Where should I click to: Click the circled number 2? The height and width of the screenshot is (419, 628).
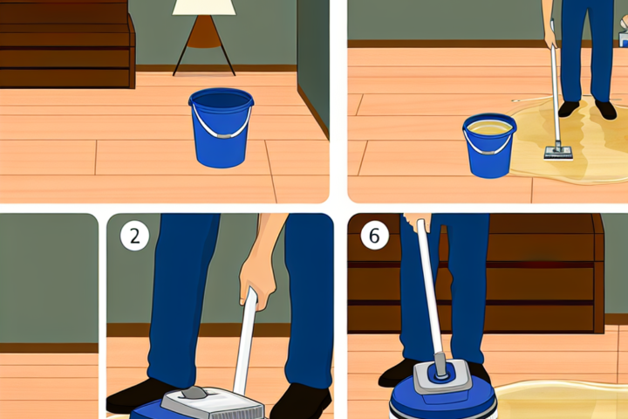pos(134,237)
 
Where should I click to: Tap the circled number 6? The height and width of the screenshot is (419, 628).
pos(374,235)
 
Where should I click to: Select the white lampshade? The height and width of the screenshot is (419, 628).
pos(204,7)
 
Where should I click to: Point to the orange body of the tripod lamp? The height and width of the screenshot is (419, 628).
pos(204,32)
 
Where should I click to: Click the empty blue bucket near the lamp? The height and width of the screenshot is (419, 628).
pos(221,127)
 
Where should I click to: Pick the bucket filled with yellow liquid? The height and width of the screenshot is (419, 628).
pos(489,145)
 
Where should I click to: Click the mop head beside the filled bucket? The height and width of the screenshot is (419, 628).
pos(558,153)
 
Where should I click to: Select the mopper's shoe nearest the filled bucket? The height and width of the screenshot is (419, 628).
pos(569,108)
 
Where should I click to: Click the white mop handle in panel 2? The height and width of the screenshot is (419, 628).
pos(244,340)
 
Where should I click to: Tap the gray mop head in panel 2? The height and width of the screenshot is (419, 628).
pos(212,403)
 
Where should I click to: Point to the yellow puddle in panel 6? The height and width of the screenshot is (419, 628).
pos(561,399)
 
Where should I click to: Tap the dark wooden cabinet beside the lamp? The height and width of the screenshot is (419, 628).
pos(67,45)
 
